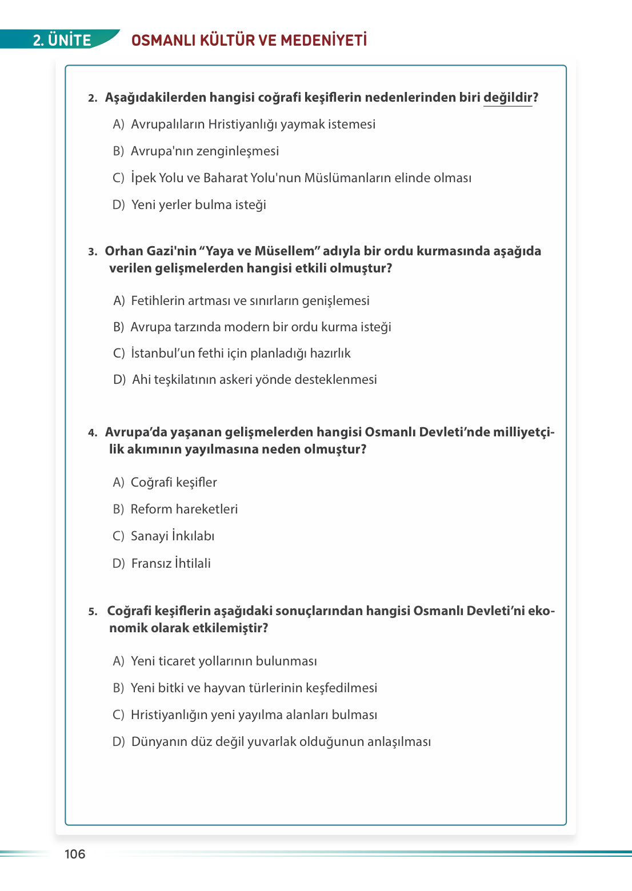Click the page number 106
point(75,854)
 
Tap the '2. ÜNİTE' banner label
point(62,40)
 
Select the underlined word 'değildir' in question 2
point(507,98)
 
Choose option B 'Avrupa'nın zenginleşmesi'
point(205,151)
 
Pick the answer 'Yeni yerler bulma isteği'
point(198,205)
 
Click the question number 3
point(93,252)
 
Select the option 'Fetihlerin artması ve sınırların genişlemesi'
point(250,301)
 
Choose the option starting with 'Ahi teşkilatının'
point(254,380)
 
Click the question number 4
point(93,433)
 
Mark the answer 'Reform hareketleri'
point(184,509)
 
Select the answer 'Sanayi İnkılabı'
point(173,536)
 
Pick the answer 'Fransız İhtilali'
point(171,564)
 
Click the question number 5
point(93,612)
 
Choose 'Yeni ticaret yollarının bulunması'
point(223,661)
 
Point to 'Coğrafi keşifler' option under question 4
point(174,483)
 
